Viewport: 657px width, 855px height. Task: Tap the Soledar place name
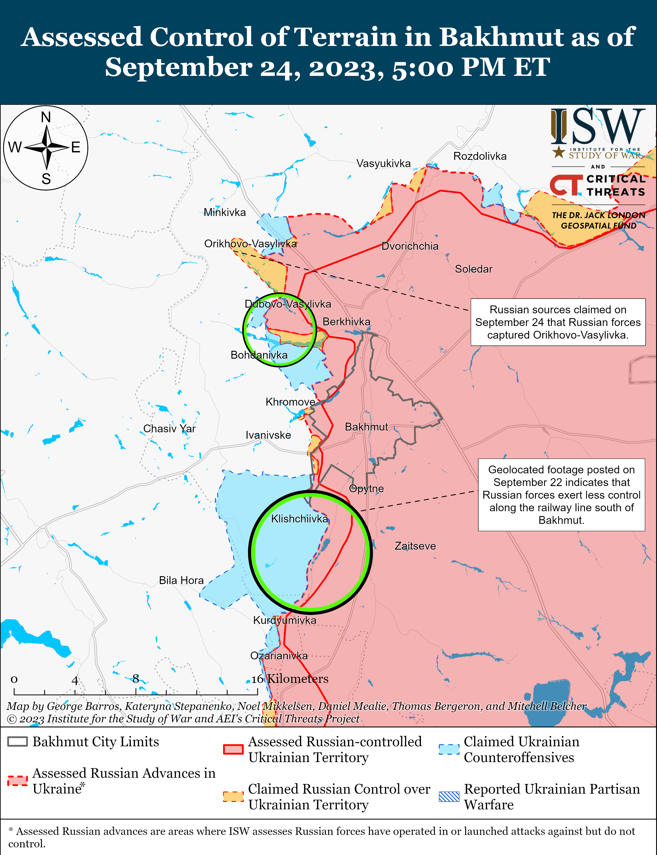coord(473,269)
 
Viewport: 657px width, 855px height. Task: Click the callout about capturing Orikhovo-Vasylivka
coord(558,322)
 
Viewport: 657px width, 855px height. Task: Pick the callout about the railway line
coord(561,495)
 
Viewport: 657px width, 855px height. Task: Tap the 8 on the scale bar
coord(136,679)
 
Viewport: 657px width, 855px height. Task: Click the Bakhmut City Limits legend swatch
coord(18,741)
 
